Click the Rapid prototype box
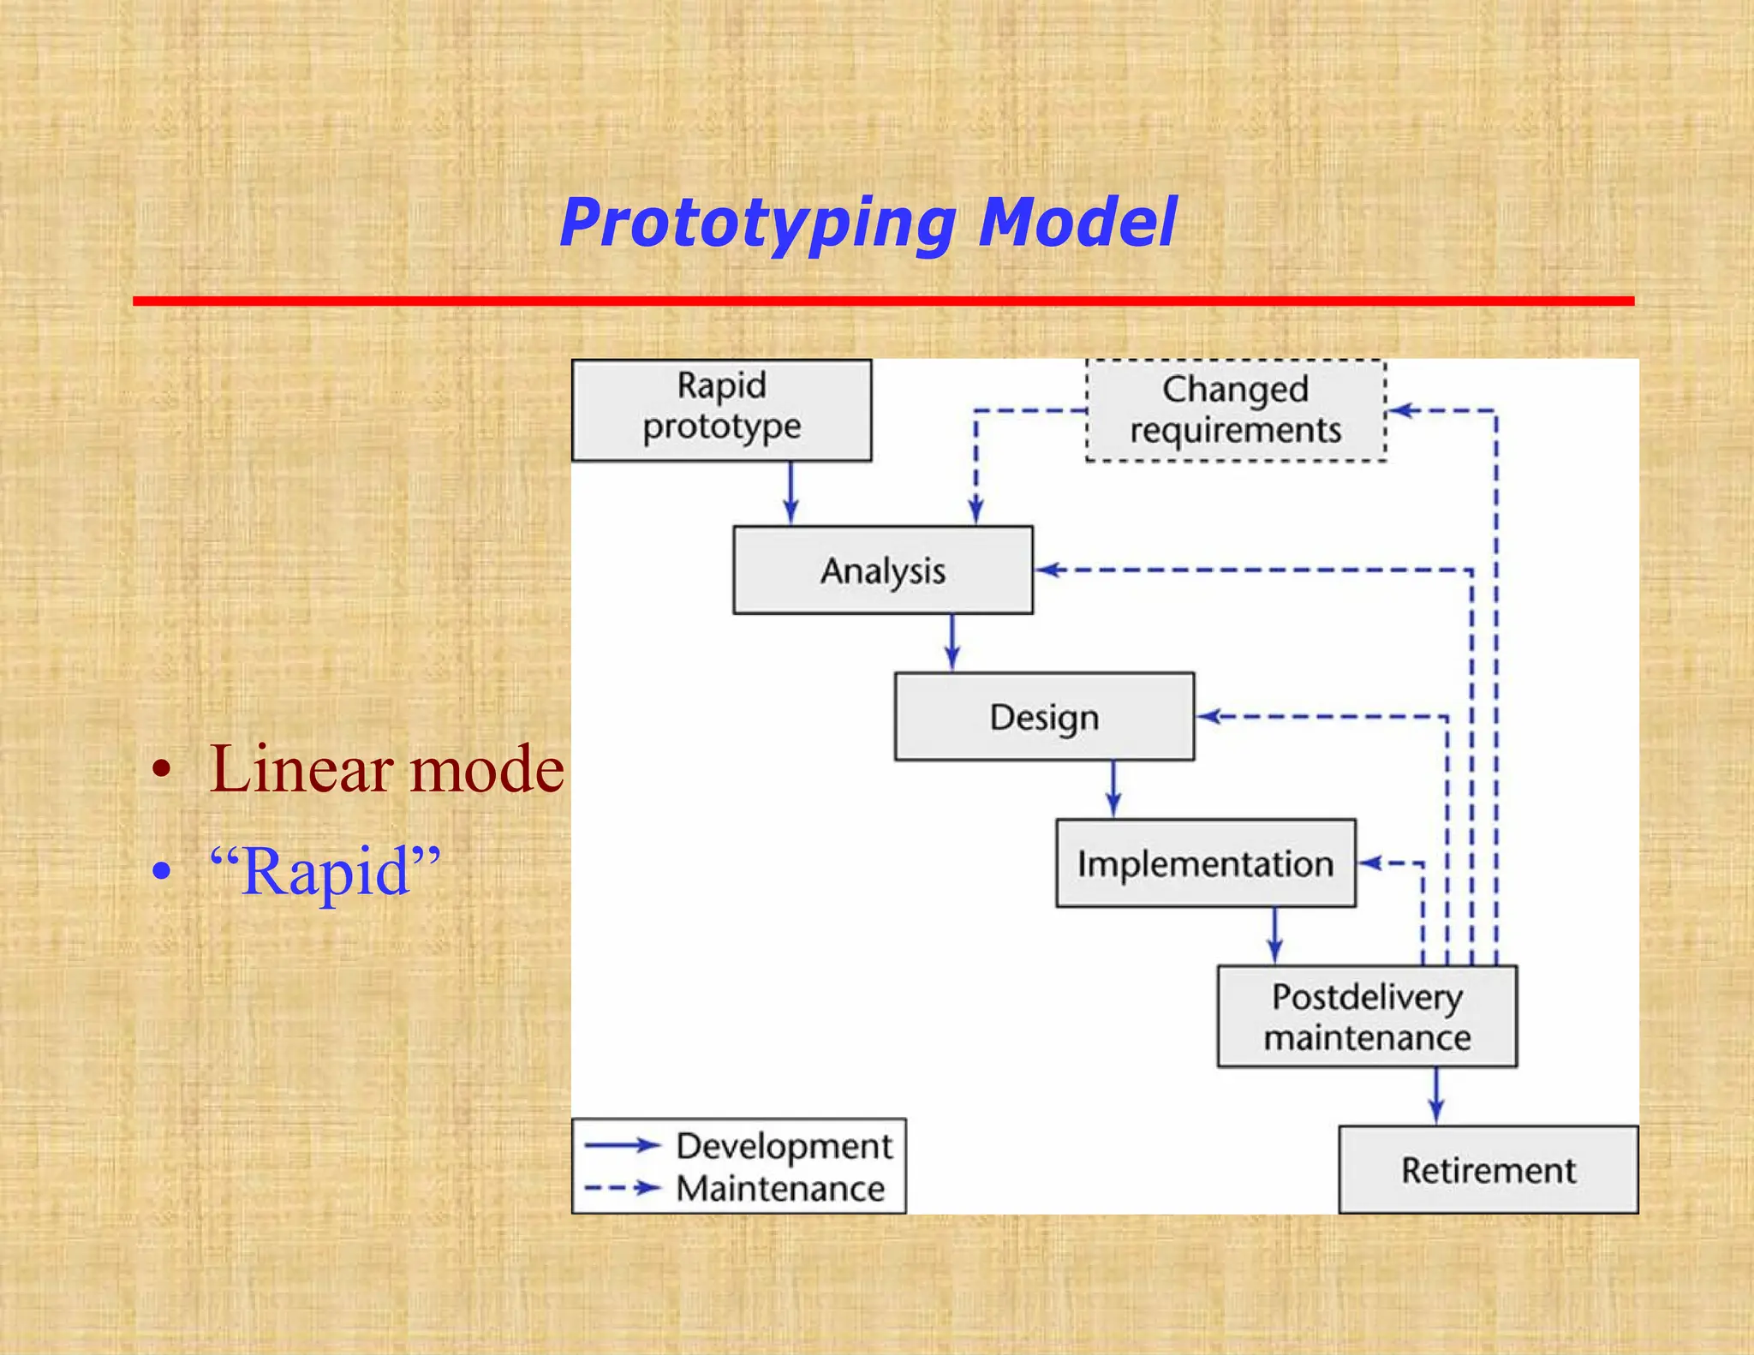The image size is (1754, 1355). pos(721,409)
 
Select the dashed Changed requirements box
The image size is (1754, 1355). pos(1235,410)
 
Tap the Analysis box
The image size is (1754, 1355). pos(882,570)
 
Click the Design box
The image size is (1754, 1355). pos(1043,716)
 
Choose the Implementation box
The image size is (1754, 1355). pos(1205,863)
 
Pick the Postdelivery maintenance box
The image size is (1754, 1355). pos(1367,1016)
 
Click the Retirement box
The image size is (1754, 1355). pos(1488,1169)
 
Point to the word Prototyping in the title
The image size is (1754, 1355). pos(757,223)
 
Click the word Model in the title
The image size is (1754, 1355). pos(1077,223)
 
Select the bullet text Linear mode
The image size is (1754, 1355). pos(386,768)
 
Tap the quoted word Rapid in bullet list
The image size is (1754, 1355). pos(325,871)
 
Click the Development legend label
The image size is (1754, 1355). pos(784,1145)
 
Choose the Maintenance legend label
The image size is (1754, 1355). pos(780,1188)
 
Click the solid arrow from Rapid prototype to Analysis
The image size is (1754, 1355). pos(790,493)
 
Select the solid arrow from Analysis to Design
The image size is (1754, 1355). pos(952,642)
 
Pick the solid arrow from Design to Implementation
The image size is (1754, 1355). pos(1113,789)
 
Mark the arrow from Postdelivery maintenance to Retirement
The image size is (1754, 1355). pos(1436,1095)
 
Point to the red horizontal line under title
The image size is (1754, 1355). pos(882,301)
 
